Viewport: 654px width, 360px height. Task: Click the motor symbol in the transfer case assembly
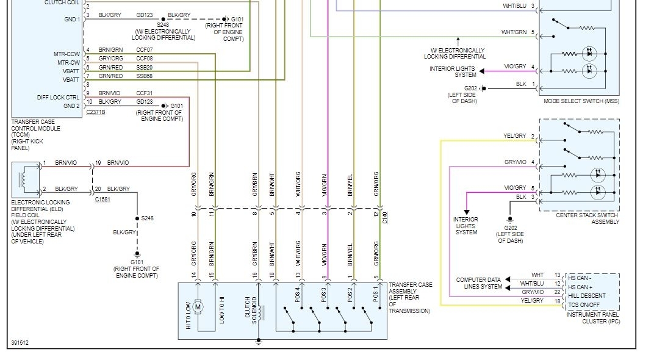[197, 307]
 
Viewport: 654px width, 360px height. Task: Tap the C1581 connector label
[104, 199]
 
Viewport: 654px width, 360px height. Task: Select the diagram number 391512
[20, 342]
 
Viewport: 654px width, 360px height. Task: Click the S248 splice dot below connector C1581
[137, 218]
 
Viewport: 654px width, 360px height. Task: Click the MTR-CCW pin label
[66, 54]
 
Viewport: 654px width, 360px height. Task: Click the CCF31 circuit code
[144, 93]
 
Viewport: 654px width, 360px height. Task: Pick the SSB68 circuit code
[145, 76]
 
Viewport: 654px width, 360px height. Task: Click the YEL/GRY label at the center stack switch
[514, 136]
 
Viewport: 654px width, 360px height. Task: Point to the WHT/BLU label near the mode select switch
[514, 6]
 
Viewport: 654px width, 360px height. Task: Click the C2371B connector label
[96, 112]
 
